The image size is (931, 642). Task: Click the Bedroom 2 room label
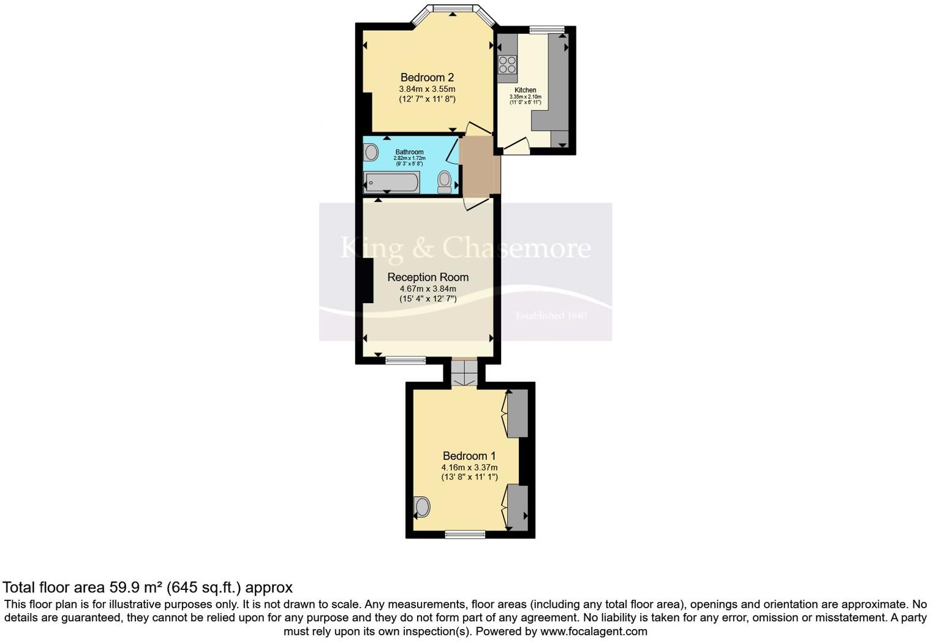point(427,78)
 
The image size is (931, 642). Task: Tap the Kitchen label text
point(525,90)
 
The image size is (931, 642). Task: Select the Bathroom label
point(409,152)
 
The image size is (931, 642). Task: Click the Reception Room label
point(428,278)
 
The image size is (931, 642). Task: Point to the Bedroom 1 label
point(469,456)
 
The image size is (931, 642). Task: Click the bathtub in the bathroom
point(392,183)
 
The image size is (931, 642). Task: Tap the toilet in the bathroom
point(445,181)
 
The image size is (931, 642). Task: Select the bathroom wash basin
point(371,152)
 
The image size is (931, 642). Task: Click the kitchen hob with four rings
point(507,64)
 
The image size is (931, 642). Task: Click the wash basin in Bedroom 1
point(422,507)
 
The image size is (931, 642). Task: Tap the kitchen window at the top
point(546,29)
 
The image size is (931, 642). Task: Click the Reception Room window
point(405,360)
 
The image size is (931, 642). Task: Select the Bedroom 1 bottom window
point(465,534)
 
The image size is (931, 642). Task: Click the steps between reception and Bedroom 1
point(464,372)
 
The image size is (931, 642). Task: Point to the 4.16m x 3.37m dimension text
point(469,467)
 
